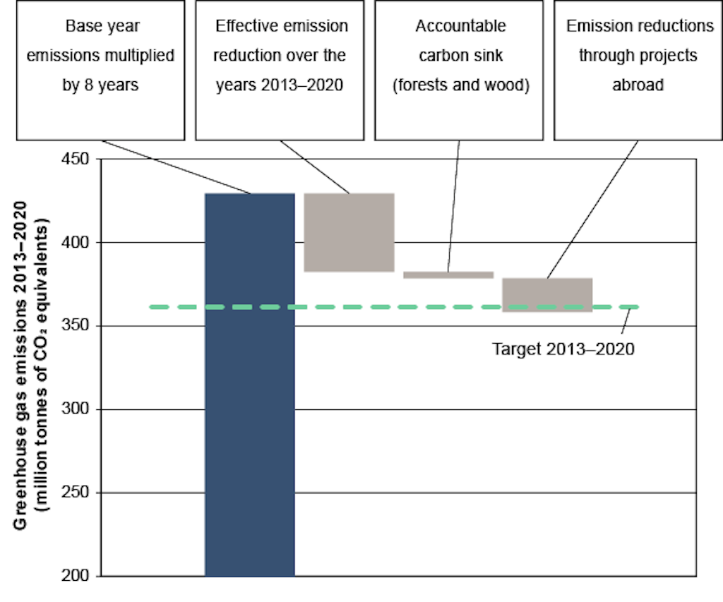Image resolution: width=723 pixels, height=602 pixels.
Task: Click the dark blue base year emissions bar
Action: tap(249, 385)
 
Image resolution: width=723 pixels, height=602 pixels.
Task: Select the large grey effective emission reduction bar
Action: tap(349, 232)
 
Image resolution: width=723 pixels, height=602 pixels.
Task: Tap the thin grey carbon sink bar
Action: tap(448, 275)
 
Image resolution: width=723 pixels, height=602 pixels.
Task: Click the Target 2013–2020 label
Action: tap(563, 349)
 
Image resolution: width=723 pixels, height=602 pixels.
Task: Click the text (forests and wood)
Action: tap(460, 85)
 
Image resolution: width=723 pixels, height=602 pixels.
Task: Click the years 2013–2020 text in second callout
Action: tap(281, 85)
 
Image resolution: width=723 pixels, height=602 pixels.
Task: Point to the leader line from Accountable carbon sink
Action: tap(454, 205)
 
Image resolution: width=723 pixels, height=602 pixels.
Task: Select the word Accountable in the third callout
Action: tap(460, 27)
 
